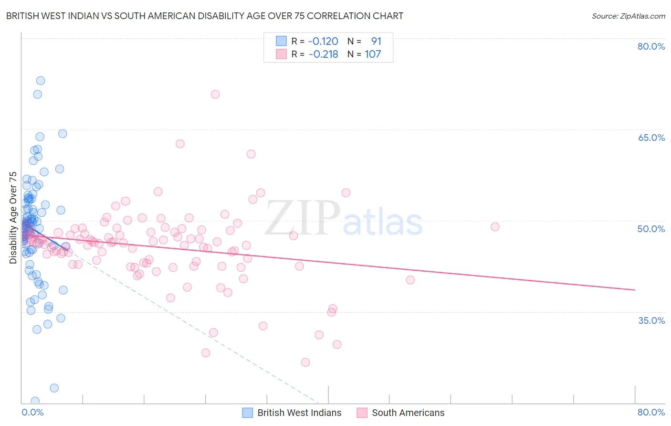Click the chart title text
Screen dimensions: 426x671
[x=205, y=16]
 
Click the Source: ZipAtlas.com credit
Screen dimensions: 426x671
[x=628, y=16]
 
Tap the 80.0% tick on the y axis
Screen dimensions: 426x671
[x=651, y=46]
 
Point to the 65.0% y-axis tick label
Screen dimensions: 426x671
[x=651, y=138]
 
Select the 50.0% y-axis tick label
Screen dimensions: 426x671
[x=651, y=229]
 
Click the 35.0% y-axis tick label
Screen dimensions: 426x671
[x=651, y=320]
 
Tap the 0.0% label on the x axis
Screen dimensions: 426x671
[x=32, y=412]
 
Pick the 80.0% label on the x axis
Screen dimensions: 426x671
[x=651, y=412]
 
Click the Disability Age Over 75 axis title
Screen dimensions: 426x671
[x=13, y=218]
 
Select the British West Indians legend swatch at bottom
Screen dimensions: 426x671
[x=247, y=413]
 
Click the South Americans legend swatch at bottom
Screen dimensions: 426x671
[x=362, y=413]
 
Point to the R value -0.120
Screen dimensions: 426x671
[x=323, y=42]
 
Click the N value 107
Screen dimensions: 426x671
[x=373, y=54]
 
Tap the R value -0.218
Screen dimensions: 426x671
[x=323, y=54]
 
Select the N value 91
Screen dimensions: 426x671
[x=376, y=42]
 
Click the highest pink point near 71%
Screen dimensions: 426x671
[x=215, y=94]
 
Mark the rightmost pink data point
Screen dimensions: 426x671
[x=495, y=227]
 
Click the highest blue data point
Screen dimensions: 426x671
[x=41, y=81]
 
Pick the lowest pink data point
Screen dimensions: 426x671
[x=305, y=362]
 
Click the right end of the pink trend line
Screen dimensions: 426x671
[x=635, y=290]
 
